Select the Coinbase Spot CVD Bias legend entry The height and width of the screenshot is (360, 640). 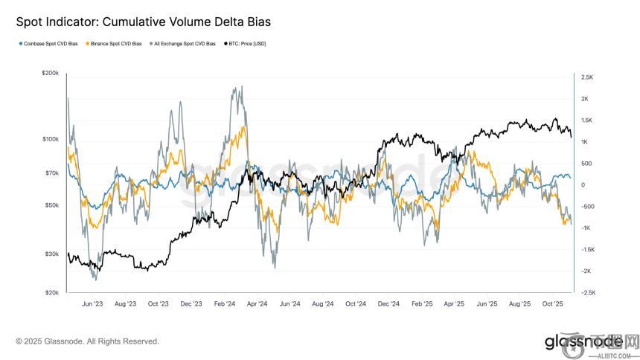tap(50, 44)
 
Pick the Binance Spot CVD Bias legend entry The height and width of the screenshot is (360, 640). tap(116, 44)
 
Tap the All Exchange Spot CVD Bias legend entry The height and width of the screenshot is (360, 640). tap(184, 44)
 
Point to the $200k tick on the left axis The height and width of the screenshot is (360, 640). tap(50, 74)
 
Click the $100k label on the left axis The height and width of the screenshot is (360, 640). tap(50, 139)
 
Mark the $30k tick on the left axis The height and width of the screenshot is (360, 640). tap(51, 254)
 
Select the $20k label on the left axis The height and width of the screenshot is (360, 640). tap(51, 293)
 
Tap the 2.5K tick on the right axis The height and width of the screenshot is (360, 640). tap(586, 77)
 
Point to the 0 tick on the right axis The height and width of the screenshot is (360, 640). tap(583, 185)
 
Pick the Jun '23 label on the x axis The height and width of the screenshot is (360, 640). tap(93, 304)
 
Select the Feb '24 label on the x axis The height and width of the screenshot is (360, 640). tap(225, 304)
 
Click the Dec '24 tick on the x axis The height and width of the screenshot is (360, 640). tap(389, 304)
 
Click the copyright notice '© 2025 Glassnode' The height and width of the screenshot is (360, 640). tap(87, 341)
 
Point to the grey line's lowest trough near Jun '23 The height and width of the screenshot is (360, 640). tap(94, 279)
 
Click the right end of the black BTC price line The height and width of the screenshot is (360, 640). tap(571, 137)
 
